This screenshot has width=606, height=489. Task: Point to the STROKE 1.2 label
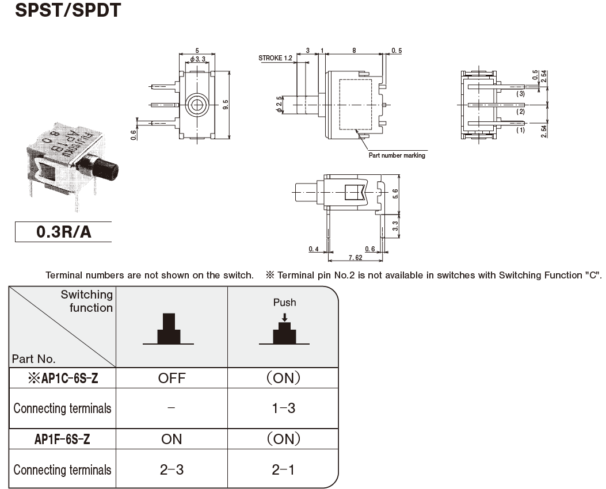(x=276, y=58)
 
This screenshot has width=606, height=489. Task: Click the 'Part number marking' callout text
(x=397, y=155)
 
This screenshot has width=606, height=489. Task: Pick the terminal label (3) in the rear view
(x=520, y=93)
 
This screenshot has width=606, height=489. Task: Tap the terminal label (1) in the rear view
(x=520, y=130)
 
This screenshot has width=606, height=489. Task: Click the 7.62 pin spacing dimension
(x=355, y=257)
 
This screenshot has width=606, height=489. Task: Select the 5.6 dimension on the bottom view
(x=395, y=194)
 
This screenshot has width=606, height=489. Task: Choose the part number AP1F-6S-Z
(x=62, y=439)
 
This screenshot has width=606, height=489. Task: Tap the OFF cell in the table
(x=171, y=378)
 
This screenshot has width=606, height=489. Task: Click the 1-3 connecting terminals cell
(x=283, y=408)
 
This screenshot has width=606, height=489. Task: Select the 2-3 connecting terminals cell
(x=171, y=469)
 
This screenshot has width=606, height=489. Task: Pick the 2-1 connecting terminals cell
(x=283, y=469)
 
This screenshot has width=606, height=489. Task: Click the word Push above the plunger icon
(x=284, y=302)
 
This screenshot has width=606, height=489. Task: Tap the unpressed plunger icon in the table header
(x=169, y=330)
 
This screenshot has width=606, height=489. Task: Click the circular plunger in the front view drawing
(x=197, y=105)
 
